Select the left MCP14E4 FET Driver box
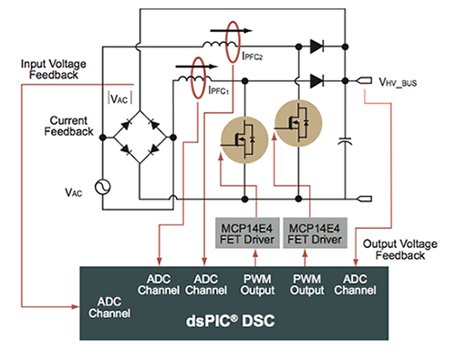pos(236,231)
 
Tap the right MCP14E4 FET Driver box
pos(309,231)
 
